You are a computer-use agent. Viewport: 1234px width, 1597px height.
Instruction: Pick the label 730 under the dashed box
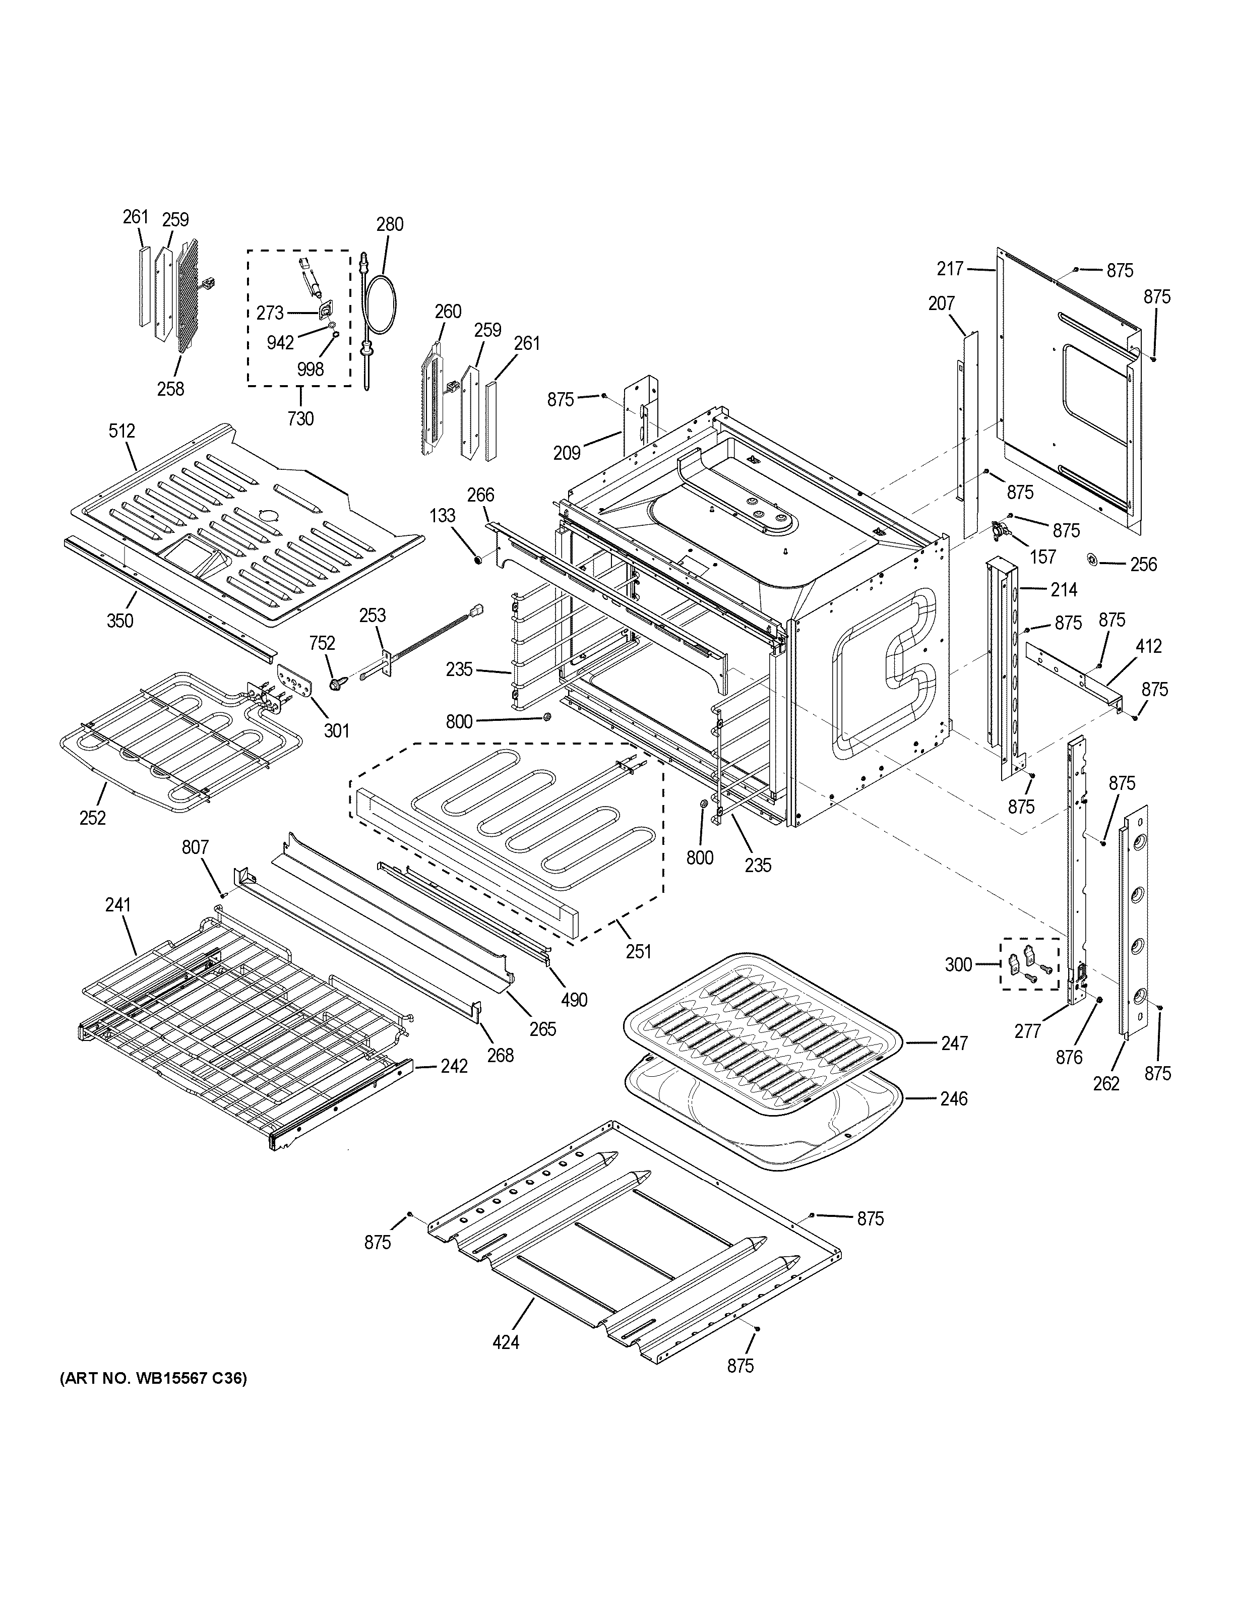click(x=300, y=418)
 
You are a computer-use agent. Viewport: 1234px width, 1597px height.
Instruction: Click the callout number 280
click(x=390, y=224)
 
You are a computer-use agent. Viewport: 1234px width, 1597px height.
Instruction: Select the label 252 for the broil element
click(x=92, y=818)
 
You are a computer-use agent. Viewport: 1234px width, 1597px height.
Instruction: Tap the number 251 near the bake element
click(x=638, y=951)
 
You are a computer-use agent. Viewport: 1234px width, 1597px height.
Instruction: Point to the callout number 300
click(x=958, y=964)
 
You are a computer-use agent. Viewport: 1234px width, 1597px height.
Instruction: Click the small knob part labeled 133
click(x=477, y=561)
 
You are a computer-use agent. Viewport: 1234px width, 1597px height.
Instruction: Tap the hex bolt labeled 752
click(x=338, y=682)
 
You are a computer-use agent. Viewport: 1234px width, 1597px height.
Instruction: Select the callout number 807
click(x=195, y=847)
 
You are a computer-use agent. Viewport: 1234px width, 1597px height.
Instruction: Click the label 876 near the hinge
click(x=1069, y=1057)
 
